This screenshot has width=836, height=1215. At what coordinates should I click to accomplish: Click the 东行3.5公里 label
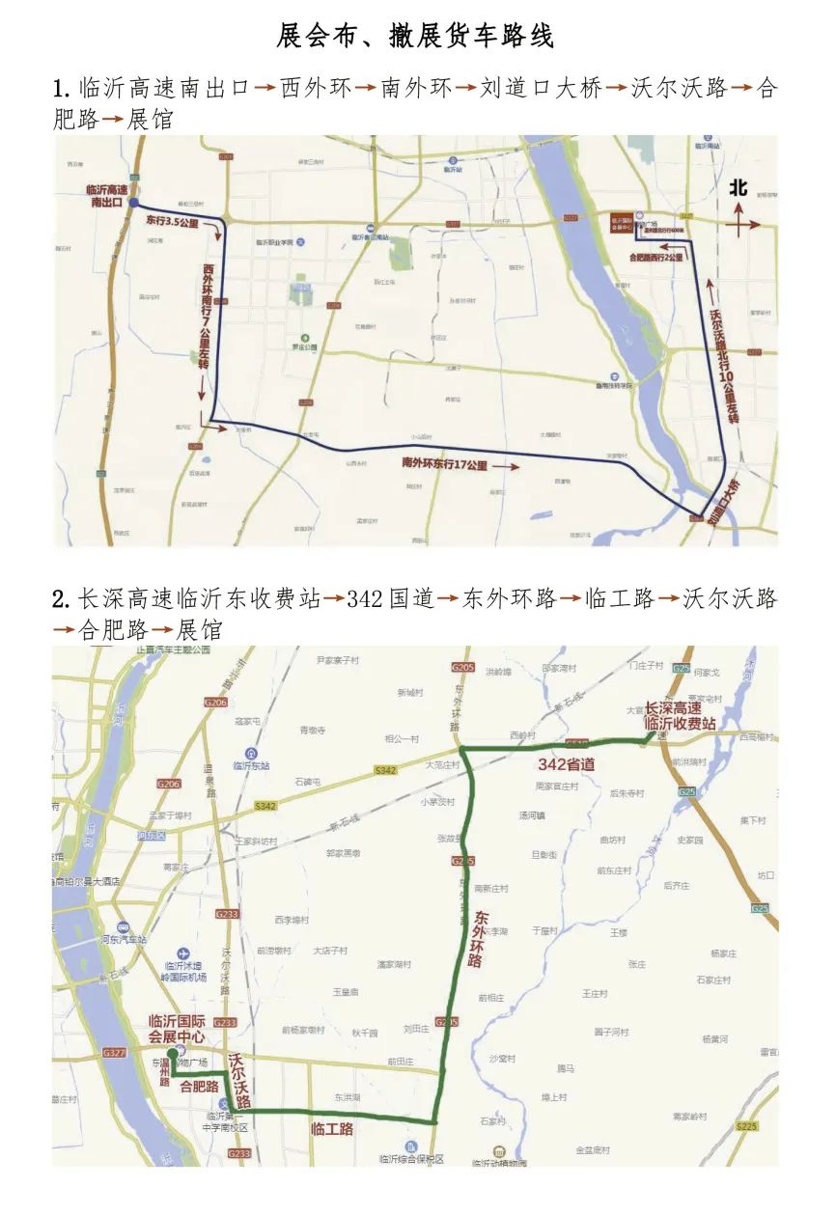click(172, 222)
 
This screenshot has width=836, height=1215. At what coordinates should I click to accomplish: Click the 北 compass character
click(738, 188)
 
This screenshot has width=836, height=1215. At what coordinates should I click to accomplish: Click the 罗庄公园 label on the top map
click(304, 347)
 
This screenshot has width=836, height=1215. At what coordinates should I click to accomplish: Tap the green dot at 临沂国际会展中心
click(172, 1053)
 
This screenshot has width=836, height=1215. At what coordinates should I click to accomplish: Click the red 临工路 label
click(331, 1128)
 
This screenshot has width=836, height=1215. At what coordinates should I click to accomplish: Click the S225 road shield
click(745, 1125)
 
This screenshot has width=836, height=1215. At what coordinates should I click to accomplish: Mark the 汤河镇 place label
click(532, 815)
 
